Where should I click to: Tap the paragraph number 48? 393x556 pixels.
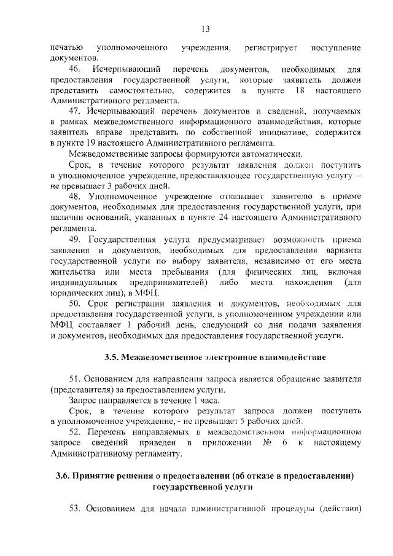[76, 196]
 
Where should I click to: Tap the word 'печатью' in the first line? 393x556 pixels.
[67, 47]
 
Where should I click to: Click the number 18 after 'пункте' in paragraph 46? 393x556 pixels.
[298, 90]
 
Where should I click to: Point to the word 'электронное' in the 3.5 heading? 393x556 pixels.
[238, 356]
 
